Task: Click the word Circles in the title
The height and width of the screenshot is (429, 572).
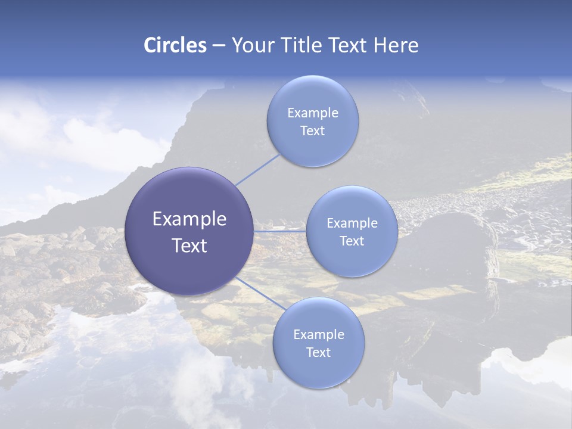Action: tap(175, 45)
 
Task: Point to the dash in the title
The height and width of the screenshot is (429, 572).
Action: tap(219, 46)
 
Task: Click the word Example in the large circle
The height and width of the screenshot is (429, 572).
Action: tap(189, 219)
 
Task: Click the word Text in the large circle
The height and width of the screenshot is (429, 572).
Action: tap(189, 245)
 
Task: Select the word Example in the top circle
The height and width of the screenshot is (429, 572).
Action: tap(313, 113)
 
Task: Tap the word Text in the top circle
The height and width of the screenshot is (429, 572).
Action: tap(313, 131)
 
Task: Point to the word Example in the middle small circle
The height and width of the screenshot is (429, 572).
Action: tap(352, 223)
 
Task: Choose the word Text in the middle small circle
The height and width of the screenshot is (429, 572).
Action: tap(352, 241)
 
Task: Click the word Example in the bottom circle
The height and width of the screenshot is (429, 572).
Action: tap(319, 335)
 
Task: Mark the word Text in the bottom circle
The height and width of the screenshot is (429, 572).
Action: tap(319, 353)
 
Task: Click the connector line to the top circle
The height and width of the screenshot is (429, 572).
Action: tap(257, 169)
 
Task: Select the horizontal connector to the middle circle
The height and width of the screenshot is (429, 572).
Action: tap(279, 231)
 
